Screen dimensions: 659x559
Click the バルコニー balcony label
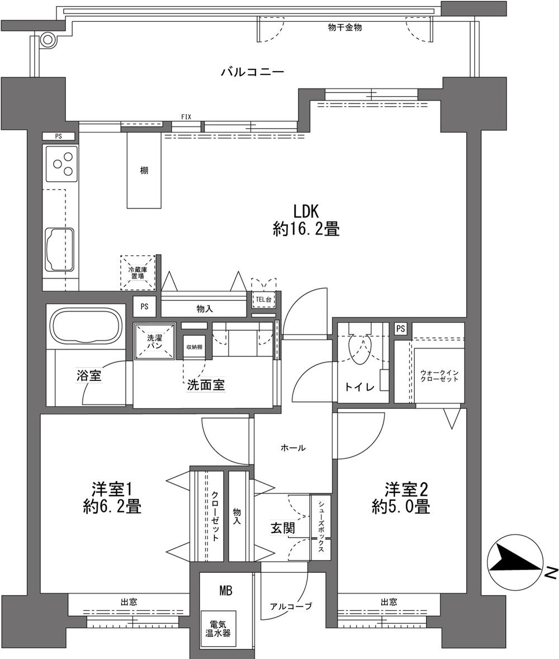click(253, 72)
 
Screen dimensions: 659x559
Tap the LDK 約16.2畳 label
click(306, 220)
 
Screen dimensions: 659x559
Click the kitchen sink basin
click(59, 247)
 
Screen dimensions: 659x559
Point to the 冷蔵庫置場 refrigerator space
click(138, 273)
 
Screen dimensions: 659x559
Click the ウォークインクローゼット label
click(439, 375)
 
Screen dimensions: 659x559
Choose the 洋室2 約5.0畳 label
click(401, 498)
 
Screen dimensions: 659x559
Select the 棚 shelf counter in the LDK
click(144, 170)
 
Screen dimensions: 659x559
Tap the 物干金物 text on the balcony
click(344, 27)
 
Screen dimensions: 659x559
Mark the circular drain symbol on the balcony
click(48, 39)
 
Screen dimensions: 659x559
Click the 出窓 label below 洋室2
click(389, 602)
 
